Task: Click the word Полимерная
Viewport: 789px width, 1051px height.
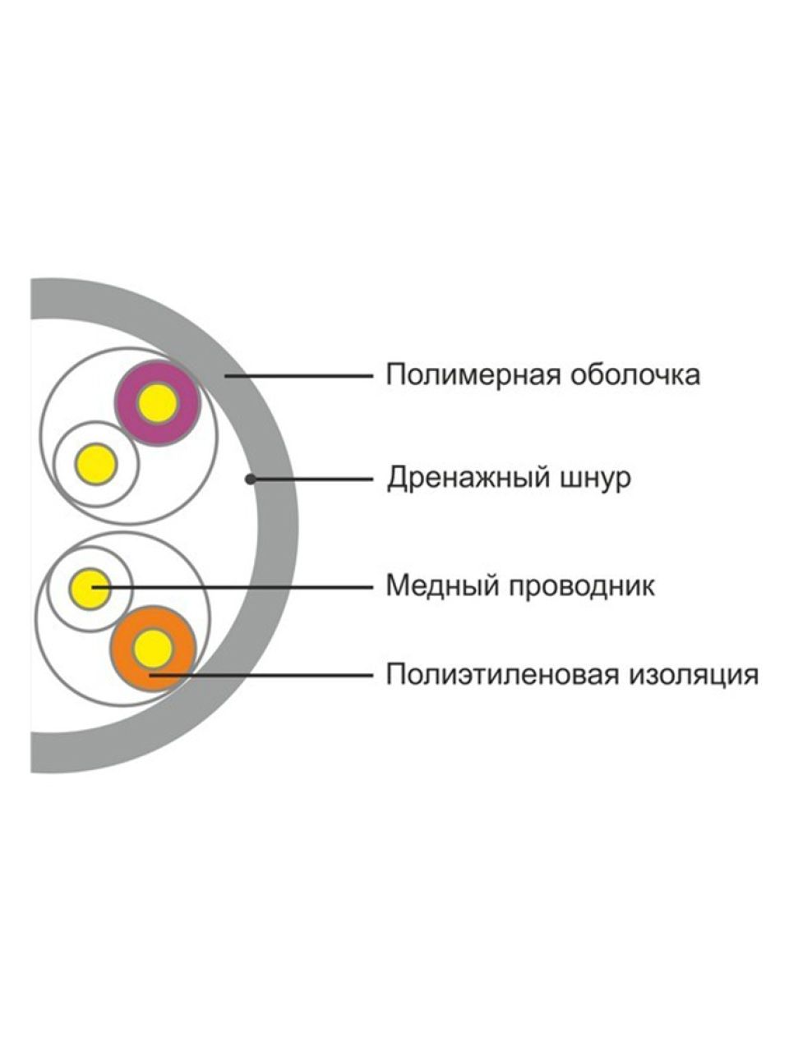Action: pyautogui.click(x=473, y=375)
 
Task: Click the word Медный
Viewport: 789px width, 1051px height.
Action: pyautogui.click(x=441, y=585)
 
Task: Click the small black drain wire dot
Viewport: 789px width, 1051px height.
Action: pyautogui.click(x=250, y=479)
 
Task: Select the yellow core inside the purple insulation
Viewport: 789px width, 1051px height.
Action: pyautogui.click(x=158, y=404)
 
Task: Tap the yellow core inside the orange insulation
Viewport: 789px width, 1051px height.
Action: pyautogui.click(x=153, y=649)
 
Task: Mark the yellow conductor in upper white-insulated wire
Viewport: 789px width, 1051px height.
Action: pyautogui.click(x=96, y=464)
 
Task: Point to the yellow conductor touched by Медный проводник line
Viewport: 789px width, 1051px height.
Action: pyautogui.click(x=90, y=589)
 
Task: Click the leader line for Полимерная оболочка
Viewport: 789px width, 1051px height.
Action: pyautogui.click(x=299, y=376)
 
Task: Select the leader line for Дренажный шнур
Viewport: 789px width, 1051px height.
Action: pyautogui.click(x=312, y=479)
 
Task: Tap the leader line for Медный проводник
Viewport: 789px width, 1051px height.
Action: pyautogui.click(x=233, y=587)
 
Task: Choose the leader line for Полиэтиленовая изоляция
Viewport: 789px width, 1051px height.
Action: pyautogui.click(x=261, y=676)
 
